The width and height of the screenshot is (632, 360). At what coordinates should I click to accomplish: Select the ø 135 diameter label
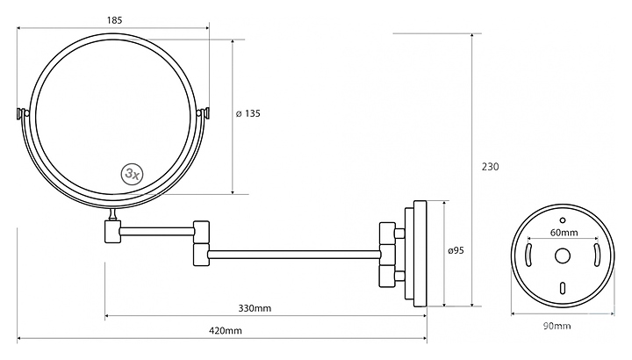click(x=248, y=113)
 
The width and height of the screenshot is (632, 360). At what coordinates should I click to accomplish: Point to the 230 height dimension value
click(x=490, y=167)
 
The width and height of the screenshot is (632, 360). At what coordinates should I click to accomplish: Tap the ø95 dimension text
click(x=456, y=251)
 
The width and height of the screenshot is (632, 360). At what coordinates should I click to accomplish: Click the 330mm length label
click(x=255, y=308)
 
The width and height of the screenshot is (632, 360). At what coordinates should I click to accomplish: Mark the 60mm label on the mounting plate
click(x=563, y=234)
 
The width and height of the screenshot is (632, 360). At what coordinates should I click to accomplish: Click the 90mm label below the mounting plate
click(x=557, y=326)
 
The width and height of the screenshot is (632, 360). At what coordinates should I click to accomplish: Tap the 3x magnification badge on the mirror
click(x=133, y=173)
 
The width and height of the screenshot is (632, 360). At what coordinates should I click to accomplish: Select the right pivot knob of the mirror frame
click(x=207, y=113)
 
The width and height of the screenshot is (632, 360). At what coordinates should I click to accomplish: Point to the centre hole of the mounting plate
click(x=563, y=256)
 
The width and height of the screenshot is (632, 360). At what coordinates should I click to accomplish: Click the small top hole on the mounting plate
click(x=563, y=217)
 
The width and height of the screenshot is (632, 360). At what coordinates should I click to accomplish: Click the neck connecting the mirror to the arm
click(x=112, y=214)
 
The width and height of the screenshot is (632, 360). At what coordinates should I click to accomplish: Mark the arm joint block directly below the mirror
click(x=111, y=230)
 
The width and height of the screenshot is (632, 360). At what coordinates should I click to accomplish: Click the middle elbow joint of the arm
click(x=202, y=241)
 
